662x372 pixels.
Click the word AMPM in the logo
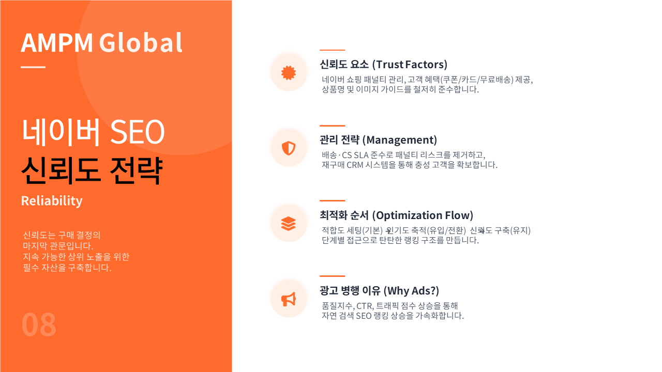(57, 43)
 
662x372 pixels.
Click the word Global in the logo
(141, 42)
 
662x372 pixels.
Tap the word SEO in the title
(137, 132)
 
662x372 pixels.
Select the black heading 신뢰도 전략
(92, 171)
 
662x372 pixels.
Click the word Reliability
(52, 201)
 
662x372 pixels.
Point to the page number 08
(39, 325)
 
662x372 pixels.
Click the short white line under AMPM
(33, 67)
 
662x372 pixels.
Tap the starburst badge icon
(289, 73)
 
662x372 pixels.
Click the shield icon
(289, 148)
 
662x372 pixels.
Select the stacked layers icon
(289, 224)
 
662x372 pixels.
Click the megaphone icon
(289, 299)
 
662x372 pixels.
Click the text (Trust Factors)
(410, 65)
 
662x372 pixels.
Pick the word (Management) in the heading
(400, 140)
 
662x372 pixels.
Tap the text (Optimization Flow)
(423, 215)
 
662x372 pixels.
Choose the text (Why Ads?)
(411, 291)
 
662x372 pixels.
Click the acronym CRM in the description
(355, 165)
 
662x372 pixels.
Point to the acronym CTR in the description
(365, 306)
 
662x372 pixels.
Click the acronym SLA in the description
(361, 156)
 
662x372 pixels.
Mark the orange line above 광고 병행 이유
(332, 276)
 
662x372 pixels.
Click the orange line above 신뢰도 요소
(332, 50)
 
